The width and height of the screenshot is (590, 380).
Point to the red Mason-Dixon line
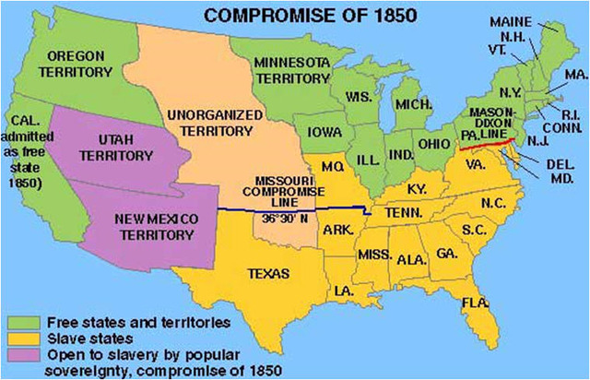point(488,144)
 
